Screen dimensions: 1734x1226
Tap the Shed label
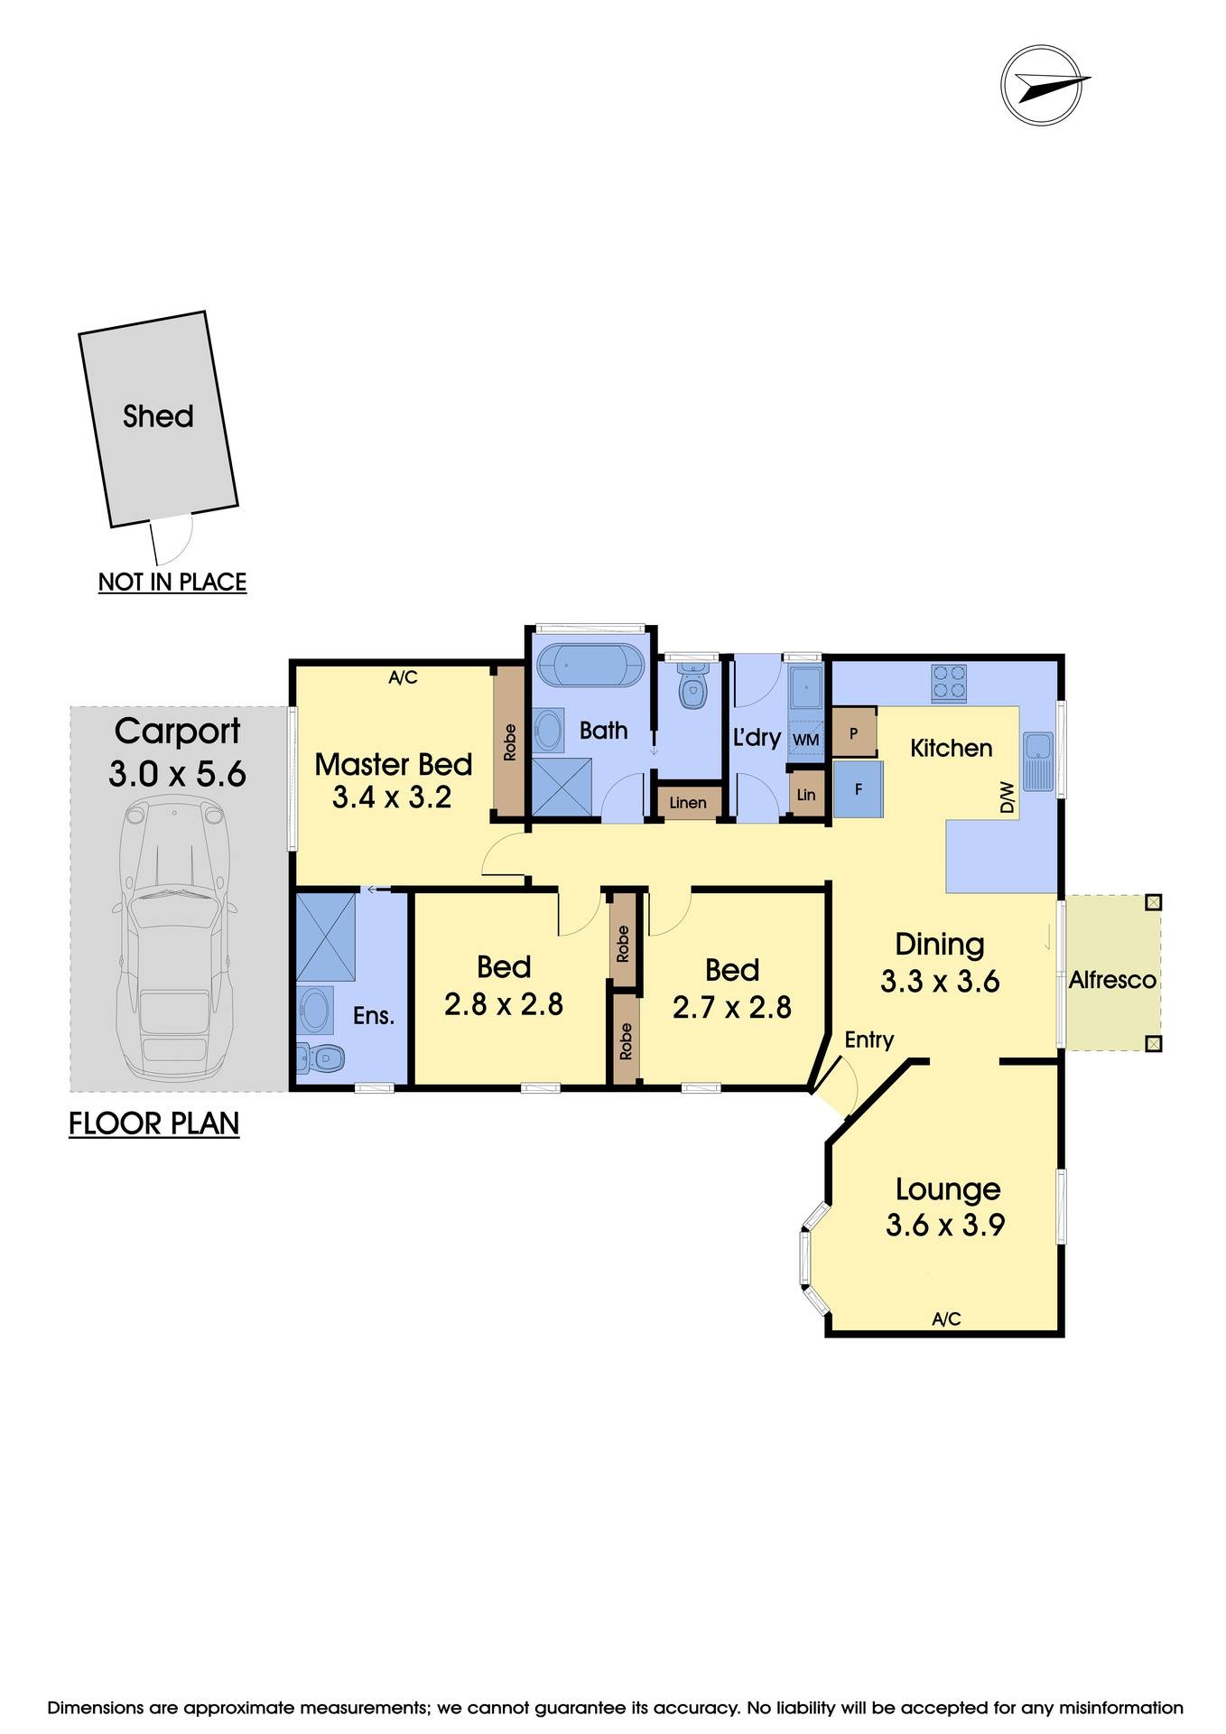(158, 416)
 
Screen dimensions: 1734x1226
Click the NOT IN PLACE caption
(172, 582)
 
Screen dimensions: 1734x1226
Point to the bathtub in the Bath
(590, 667)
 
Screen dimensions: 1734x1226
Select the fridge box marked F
(858, 789)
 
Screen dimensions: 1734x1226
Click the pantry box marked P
(853, 733)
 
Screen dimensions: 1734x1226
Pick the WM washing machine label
(805, 740)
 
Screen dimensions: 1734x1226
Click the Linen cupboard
(688, 802)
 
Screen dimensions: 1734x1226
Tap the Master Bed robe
(509, 742)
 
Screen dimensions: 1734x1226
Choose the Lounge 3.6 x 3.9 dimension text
(945, 1226)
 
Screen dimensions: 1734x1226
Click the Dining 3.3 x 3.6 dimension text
(940, 982)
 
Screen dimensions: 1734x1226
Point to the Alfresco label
(1112, 980)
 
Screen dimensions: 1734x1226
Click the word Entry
(868, 1039)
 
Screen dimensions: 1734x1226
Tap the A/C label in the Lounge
(946, 1319)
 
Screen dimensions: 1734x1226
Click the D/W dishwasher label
(1008, 797)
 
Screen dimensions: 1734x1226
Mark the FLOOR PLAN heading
(153, 1123)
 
